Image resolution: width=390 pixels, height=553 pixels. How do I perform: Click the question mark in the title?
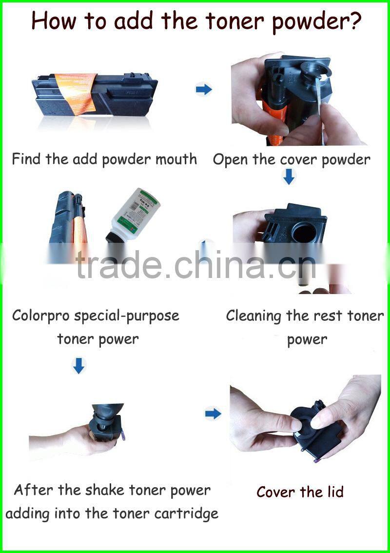click(354, 21)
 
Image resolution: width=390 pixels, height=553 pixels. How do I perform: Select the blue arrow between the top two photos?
click(204, 89)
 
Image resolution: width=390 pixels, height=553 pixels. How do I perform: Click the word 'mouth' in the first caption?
click(176, 159)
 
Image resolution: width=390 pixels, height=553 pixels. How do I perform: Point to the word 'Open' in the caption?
click(230, 160)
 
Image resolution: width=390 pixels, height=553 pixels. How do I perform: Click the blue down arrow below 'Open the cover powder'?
click(289, 177)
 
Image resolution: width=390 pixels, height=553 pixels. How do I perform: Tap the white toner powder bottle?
click(134, 216)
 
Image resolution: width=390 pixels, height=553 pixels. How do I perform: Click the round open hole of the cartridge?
click(304, 234)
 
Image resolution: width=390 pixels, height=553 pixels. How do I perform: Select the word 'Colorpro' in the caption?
click(40, 316)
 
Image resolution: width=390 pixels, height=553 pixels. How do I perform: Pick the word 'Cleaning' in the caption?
click(253, 316)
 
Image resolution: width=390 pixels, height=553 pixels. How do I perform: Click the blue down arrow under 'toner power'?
click(78, 366)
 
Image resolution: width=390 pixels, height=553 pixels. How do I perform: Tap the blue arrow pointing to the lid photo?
click(214, 413)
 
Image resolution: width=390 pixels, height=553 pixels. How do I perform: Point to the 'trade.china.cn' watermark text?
click(195, 264)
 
